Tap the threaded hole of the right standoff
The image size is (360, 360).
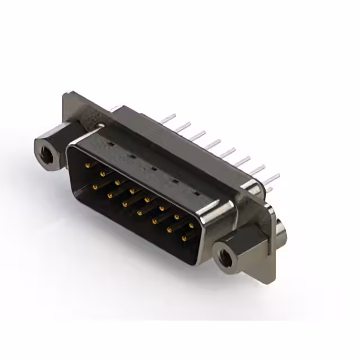click(x=225, y=256)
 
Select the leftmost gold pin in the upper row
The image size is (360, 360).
click(x=87, y=165)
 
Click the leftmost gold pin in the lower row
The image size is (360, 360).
click(x=95, y=186)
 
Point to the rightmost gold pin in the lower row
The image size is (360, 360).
click(x=184, y=239)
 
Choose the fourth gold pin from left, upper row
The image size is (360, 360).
click(x=132, y=191)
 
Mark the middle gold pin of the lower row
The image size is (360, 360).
click(x=139, y=213)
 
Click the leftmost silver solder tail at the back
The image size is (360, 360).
click(x=167, y=119)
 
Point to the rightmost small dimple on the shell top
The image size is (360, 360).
click(x=196, y=193)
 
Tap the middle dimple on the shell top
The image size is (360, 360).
click(x=153, y=168)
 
